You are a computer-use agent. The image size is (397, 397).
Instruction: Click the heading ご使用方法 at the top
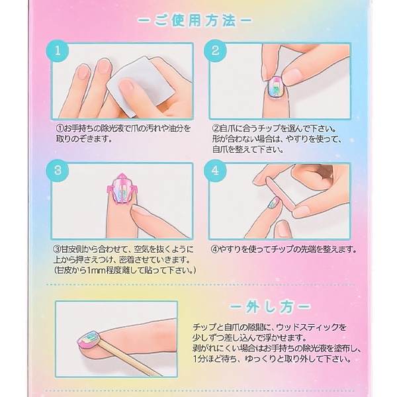click(x=198, y=22)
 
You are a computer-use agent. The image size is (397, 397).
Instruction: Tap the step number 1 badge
click(x=60, y=50)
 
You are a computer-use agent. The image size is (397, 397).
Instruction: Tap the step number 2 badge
click(x=216, y=50)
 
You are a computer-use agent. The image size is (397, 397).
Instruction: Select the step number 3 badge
click(x=60, y=170)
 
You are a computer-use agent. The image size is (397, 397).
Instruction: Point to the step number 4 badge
click(x=216, y=170)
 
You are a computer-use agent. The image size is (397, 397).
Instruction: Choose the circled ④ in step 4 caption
click(x=215, y=250)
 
